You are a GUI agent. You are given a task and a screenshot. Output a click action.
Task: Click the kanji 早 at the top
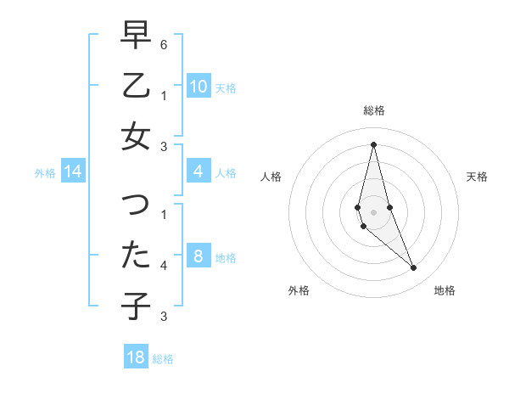(136, 35)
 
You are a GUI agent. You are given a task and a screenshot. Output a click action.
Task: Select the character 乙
(136, 86)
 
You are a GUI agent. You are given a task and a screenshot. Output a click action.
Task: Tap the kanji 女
(136, 136)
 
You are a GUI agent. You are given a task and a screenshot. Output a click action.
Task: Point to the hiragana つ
(136, 205)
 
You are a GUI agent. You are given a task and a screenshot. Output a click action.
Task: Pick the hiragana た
(136, 256)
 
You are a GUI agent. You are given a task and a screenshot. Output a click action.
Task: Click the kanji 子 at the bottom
(136, 306)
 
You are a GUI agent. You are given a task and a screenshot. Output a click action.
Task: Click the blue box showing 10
(198, 87)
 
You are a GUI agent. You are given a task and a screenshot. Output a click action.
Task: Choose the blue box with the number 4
(198, 172)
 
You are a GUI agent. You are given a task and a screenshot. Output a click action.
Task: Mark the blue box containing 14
(72, 172)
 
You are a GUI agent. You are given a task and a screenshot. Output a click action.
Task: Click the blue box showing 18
(136, 357)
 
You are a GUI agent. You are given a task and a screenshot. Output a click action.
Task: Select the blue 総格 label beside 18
(164, 359)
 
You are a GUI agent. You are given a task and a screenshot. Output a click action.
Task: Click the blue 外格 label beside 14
(45, 173)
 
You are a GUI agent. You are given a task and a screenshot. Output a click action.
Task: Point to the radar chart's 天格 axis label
(477, 177)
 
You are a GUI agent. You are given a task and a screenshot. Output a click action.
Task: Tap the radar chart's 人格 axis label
(271, 177)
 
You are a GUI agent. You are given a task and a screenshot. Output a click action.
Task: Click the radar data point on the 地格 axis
(414, 268)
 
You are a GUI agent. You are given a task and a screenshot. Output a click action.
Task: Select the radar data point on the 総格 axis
(373, 143)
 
